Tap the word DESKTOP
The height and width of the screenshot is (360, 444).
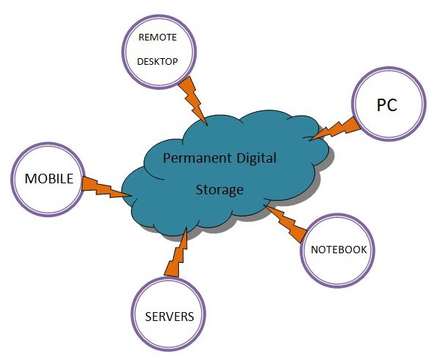pyautogui.click(x=158, y=61)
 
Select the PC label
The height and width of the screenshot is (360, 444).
pyautogui.click(x=387, y=105)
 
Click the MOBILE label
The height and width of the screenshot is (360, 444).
pyautogui.click(x=49, y=179)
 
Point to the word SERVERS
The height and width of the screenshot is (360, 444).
pyautogui.click(x=169, y=317)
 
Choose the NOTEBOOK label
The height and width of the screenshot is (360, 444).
pyautogui.click(x=338, y=250)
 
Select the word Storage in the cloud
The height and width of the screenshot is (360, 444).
pyautogui.click(x=219, y=190)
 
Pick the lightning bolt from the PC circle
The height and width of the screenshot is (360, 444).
pyautogui.click(x=332, y=128)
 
